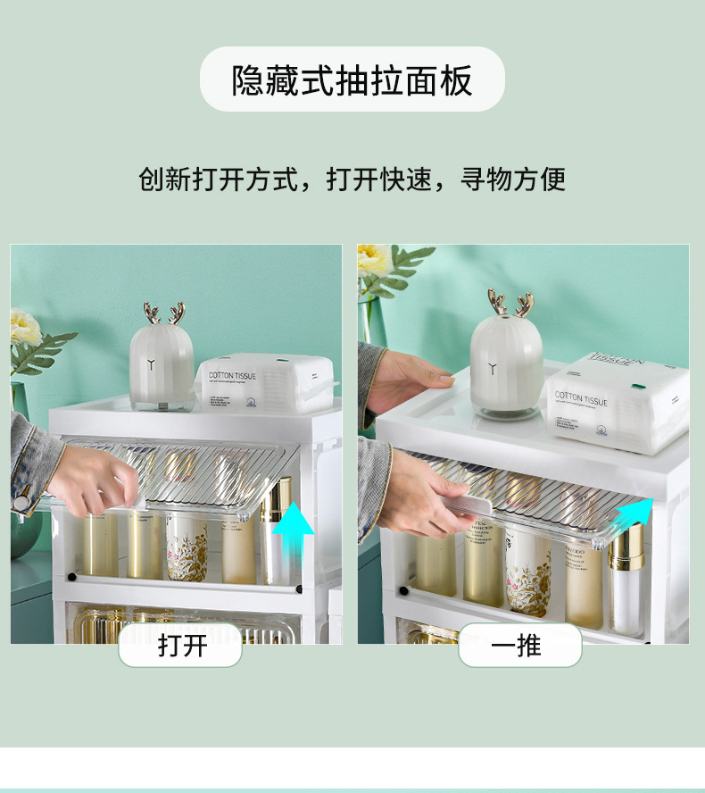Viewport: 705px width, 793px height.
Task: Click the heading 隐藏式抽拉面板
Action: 352,80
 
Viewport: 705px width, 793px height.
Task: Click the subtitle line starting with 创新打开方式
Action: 352,179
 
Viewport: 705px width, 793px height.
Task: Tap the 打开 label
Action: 181,645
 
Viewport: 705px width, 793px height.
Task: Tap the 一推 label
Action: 518,645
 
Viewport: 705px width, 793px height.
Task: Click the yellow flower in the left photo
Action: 25,327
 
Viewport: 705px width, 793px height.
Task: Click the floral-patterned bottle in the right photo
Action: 527,572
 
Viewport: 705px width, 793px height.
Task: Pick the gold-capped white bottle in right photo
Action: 626,576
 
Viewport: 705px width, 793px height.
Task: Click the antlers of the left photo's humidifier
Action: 163,313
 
